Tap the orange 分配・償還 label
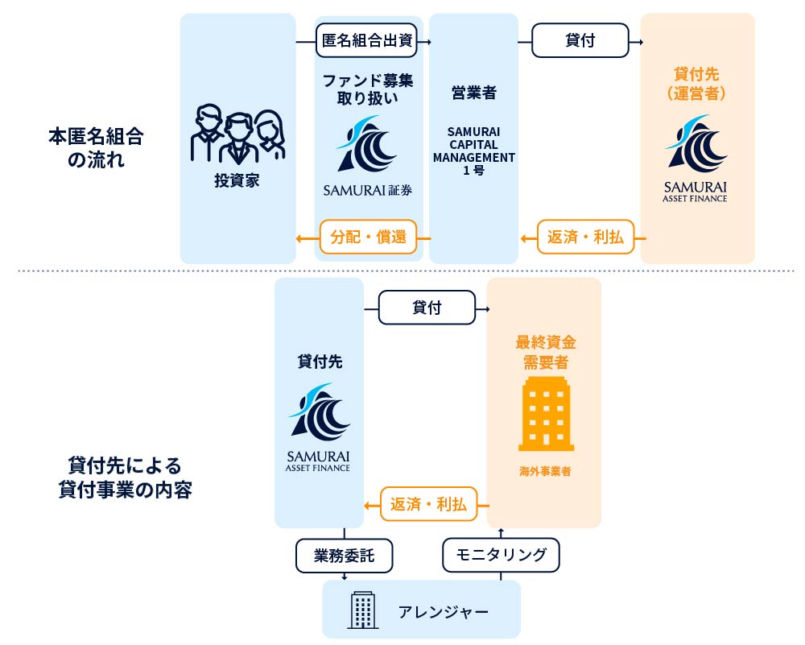pyautogui.click(x=368, y=237)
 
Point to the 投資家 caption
pyautogui.click(x=237, y=180)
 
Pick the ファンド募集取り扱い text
pyautogui.click(x=368, y=89)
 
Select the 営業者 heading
pyautogui.click(x=473, y=93)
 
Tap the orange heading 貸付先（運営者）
pyautogui.click(x=697, y=84)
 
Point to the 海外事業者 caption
pyautogui.click(x=545, y=472)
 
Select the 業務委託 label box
pyautogui.click(x=344, y=555)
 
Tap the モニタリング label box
pyautogui.click(x=501, y=554)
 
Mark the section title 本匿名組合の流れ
pyautogui.click(x=95, y=147)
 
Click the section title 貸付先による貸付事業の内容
pyautogui.click(x=125, y=478)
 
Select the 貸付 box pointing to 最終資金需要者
pyautogui.click(x=427, y=308)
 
